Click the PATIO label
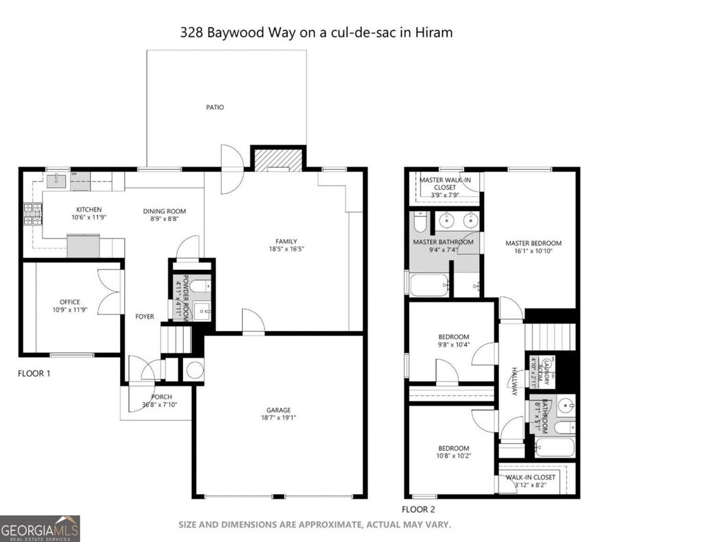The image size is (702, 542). coord(215,108)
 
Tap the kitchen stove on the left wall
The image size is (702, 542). coord(32,215)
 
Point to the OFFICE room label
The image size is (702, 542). coord(69,302)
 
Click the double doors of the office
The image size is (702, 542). coord(109,293)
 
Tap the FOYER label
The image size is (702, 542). coord(145,317)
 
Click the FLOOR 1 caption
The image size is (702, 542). coord(34,374)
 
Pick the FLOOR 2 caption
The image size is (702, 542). coord(418,509)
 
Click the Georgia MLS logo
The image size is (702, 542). coord(40,528)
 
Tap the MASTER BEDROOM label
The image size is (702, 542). coord(533,243)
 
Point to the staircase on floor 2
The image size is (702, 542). coord(550,336)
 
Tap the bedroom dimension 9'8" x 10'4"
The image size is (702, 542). coord(454,345)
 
